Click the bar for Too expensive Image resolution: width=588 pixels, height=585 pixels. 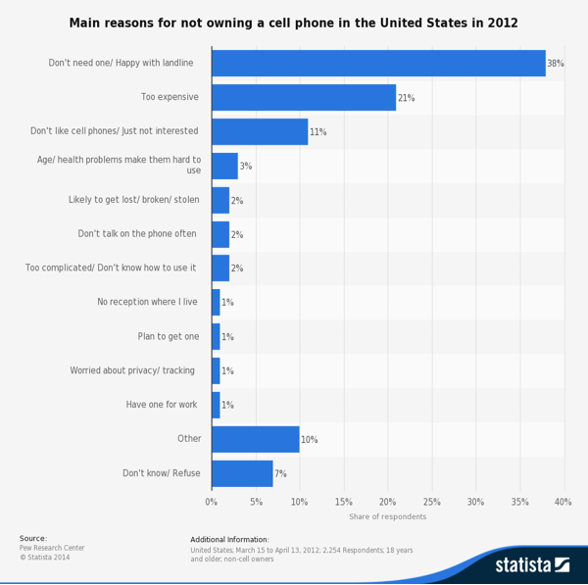point(304,98)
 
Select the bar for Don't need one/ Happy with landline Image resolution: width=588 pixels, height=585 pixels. point(378,64)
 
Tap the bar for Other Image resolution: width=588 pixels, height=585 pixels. point(255,439)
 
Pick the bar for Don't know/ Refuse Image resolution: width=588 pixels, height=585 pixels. point(242,473)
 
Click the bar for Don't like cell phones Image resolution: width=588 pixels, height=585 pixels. point(260,132)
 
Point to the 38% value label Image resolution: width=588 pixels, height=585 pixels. point(556,64)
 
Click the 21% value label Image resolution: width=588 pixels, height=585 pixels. point(406,98)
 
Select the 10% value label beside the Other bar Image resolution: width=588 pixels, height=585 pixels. point(309,440)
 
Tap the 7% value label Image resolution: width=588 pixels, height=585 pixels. point(280,474)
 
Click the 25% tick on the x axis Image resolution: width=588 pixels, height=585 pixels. point(431,502)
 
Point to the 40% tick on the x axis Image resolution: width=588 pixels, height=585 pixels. point(563,502)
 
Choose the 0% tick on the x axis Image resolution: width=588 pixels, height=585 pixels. point(212,502)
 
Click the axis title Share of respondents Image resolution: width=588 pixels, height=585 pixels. point(387,516)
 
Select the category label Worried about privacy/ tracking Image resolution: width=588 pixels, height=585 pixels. point(132,370)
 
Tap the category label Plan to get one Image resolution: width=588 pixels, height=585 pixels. point(169,336)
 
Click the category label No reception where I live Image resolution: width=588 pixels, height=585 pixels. point(147,302)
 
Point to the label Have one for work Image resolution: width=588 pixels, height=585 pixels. point(162,405)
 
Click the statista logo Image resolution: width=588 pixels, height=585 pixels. point(531,564)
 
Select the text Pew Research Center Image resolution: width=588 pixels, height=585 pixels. point(52,548)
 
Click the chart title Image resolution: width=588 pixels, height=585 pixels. point(294,23)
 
